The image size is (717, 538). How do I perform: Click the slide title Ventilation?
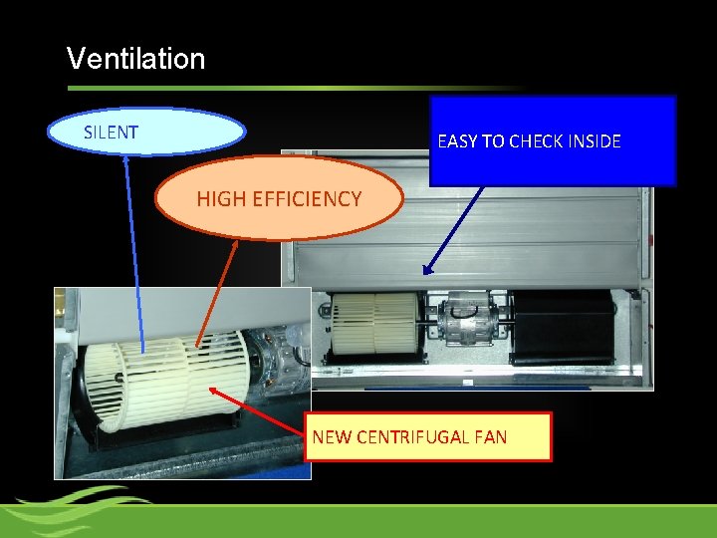[x=135, y=59]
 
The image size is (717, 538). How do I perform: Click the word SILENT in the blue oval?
[x=111, y=132]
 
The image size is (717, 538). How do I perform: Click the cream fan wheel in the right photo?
[x=374, y=323]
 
